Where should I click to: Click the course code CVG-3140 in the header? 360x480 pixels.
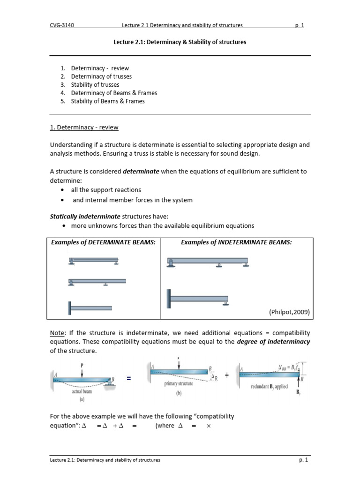pyautogui.click(x=62, y=25)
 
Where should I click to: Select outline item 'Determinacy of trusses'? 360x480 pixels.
pyautogui.click(x=101, y=76)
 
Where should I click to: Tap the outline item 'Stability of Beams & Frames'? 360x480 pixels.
pyautogui.click(x=108, y=101)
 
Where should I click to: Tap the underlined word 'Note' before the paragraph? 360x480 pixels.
pyautogui.click(x=57, y=333)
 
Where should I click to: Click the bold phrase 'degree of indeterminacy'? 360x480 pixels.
pyautogui.click(x=273, y=341)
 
